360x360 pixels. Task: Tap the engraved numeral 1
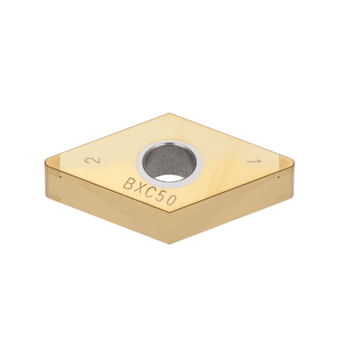click(249, 162)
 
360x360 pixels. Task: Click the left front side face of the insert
click(105, 203)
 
